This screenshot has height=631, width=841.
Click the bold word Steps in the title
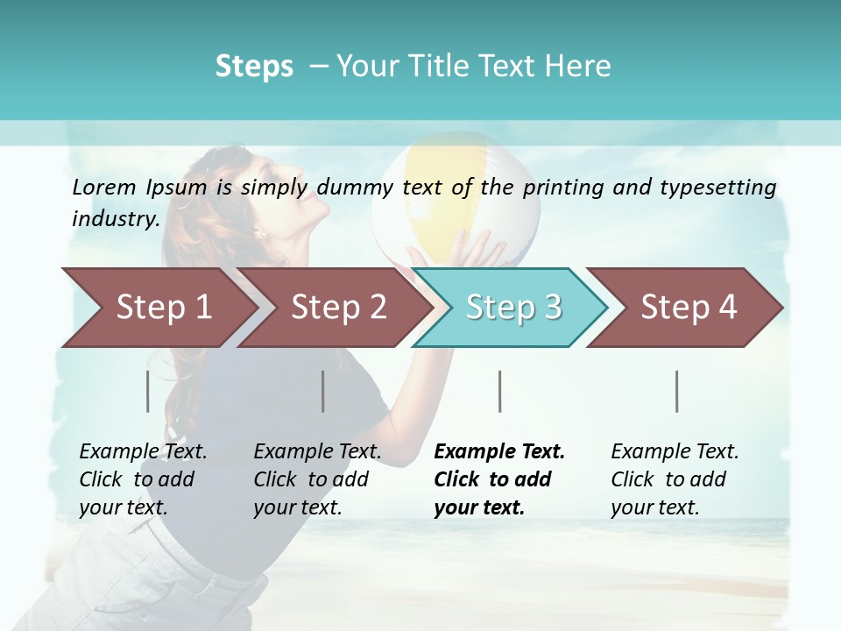click(254, 67)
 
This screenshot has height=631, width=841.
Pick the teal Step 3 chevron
click(513, 307)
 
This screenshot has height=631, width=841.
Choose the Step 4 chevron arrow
click(689, 307)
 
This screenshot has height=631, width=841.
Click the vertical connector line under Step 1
click(148, 391)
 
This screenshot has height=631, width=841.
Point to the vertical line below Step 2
click(323, 391)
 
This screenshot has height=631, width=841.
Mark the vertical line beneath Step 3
click(500, 391)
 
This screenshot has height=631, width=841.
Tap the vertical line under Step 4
click(677, 391)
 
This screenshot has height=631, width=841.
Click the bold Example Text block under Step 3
click(499, 479)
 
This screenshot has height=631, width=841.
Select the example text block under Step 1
click(143, 479)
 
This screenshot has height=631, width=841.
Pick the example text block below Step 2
click(317, 479)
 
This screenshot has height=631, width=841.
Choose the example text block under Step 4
click(675, 479)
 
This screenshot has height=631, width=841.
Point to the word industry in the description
click(115, 219)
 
